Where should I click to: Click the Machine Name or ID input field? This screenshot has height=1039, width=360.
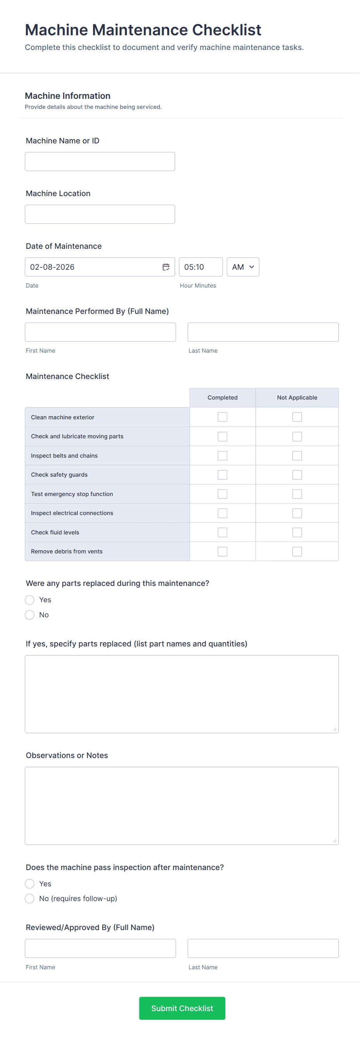pyautogui.click(x=99, y=161)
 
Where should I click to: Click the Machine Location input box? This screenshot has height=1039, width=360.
pyautogui.click(x=99, y=214)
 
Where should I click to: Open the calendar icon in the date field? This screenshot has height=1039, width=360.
pyautogui.click(x=166, y=267)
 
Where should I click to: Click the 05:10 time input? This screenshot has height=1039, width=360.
pyautogui.click(x=201, y=267)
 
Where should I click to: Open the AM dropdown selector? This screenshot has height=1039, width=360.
pyautogui.click(x=243, y=267)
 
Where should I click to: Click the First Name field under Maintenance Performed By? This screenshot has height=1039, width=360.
pyautogui.click(x=100, y=332)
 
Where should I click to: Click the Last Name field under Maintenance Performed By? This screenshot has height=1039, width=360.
pyautogui.click(x=263, y=332)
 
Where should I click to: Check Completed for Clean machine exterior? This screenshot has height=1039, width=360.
pyautogui.click(x=222, y=417)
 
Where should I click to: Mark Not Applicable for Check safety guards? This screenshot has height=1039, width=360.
pyautogui.click(x=297, y=475)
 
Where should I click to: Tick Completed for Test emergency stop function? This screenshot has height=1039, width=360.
pyautogui.click(x=222, y=494)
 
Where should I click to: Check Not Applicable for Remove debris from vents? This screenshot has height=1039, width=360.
pyautogui.click(x=297, y=551)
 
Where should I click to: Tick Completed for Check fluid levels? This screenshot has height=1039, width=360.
pyautogui.click(x=222, y=532)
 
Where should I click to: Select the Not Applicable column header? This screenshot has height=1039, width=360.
pyautogui.click(x=297, y=398)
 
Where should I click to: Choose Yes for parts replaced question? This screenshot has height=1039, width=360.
pyautogui.click(x=30, y=600)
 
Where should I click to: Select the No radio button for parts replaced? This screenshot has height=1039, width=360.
pyautogui.click(x=30, y=615)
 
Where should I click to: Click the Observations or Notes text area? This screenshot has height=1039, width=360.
pyautogui.click(x=182, y=805)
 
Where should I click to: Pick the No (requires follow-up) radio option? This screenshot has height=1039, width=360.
pyautogui.click(x=30, y=899)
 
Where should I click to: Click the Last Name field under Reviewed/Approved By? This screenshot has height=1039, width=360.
pyautogui.click(x=263, y=948)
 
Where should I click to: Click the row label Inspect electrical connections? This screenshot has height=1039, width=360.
pyautogui.click(x=72, y=513)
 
